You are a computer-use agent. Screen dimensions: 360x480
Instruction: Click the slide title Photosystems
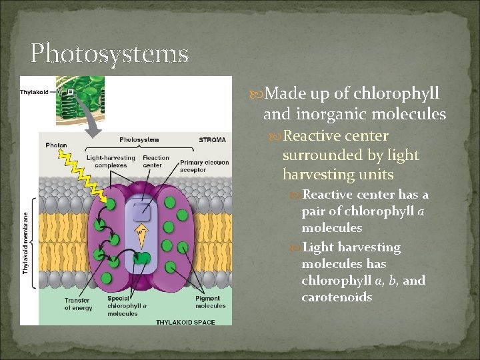pos(109,53)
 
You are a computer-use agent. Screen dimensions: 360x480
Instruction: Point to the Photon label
pos(57,145)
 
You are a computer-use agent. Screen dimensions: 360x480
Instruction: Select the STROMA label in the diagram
pos(213,139)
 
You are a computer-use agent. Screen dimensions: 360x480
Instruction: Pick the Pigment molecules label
pos(211,303)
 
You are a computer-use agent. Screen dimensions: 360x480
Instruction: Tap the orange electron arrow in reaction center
pos(141,234)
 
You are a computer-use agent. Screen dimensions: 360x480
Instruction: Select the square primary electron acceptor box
pos(140,213)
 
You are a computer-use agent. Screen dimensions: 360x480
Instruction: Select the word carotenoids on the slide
pos(337,297)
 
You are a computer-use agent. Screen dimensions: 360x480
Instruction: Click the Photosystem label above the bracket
pos(139,139)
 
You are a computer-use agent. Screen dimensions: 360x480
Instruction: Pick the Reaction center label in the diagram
pos(156,161)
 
